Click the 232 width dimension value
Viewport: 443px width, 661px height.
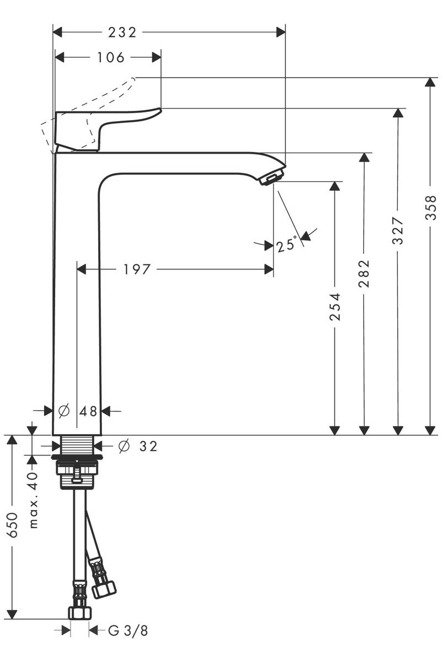(x=122, y=32)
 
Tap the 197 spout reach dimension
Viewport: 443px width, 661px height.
(x=136, y=269)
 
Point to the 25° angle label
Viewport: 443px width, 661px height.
(x=287, y=244)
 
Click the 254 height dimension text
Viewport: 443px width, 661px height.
(x=335, y=307)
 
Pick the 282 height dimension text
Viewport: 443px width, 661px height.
(x=364, y=274)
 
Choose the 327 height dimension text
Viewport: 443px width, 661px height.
(x=398, y=231)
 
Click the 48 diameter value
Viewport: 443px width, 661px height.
(x=88, y=411)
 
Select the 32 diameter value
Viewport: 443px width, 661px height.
(x=148, y=446)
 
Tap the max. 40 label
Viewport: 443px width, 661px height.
(x=34, y=500)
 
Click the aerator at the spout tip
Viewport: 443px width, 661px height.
(x=271, y=178)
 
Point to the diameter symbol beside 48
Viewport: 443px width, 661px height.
(x=63, y=411)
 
